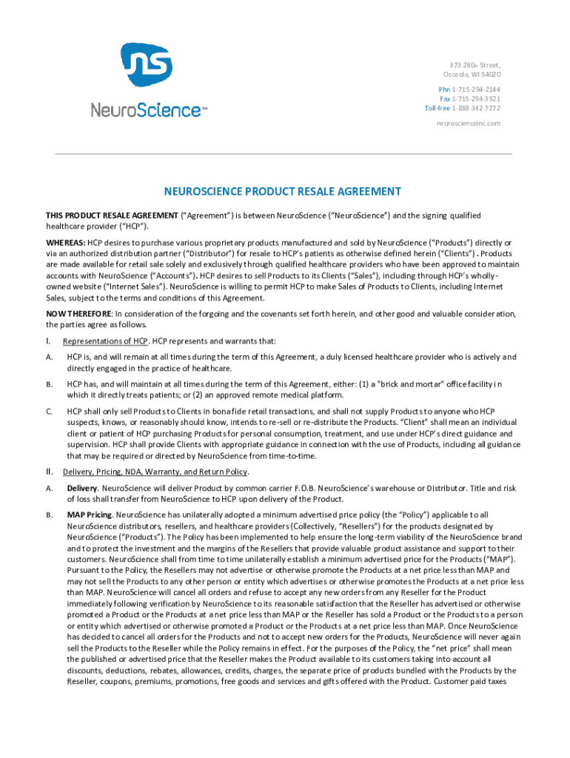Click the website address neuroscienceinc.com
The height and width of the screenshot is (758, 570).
pyautogui.click(x=468, y=123)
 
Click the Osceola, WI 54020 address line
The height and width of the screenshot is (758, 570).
pyautogui.click(x=472, y=75)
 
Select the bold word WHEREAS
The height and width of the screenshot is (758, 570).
pyautogui.click(x=65, y=243)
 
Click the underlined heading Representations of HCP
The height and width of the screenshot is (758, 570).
pyautogui.click(x=105, y=341)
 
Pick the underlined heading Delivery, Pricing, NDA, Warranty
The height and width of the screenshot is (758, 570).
pyautogui.click(x=144, y=472)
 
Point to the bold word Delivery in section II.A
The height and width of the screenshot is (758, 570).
pyautogui.click(x=81, y=489)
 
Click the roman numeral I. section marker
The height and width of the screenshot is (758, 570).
pyautogui.click(x=48, y=341)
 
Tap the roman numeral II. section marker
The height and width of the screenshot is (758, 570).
pyautogui.click(x=49, y=472)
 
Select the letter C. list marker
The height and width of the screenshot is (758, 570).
pyautogui.click(x=49, y=412)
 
